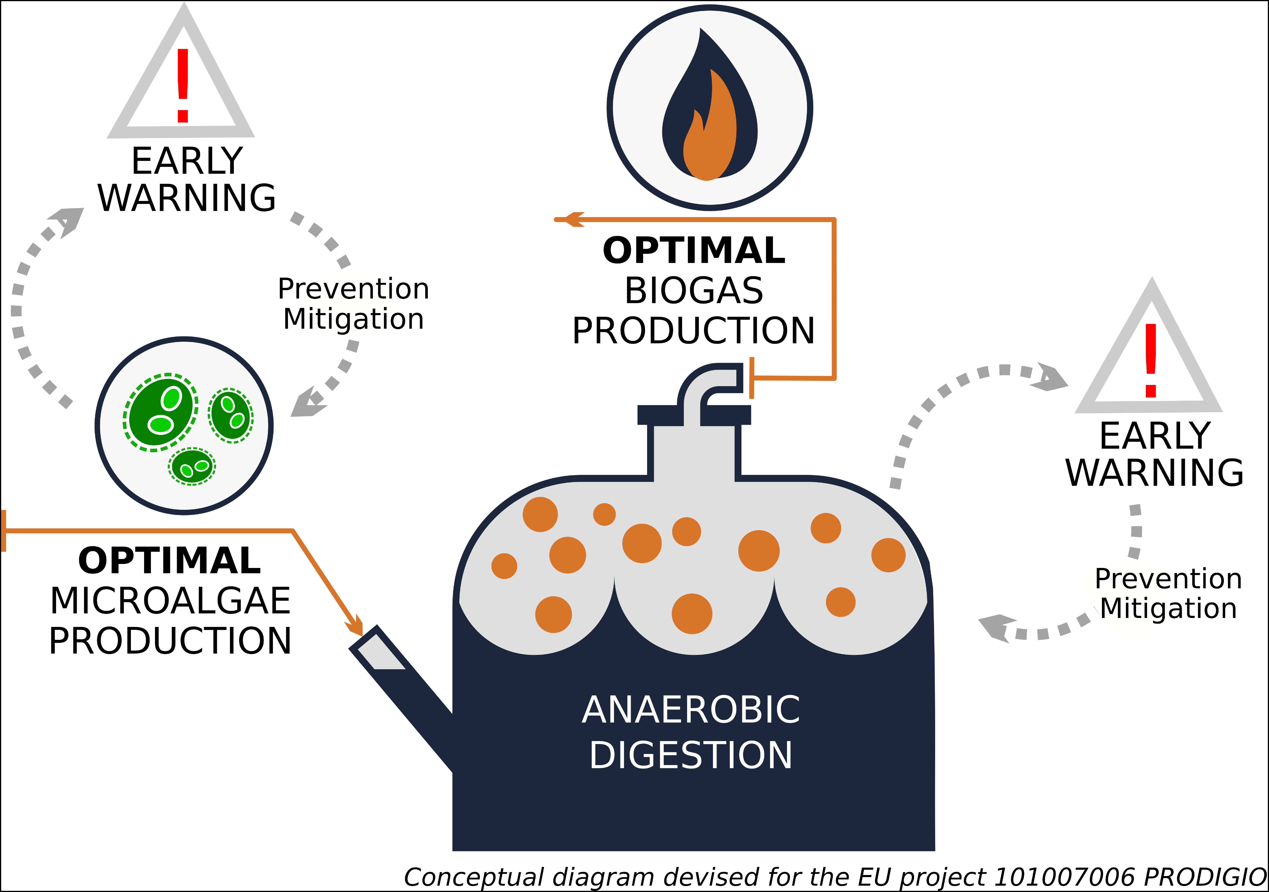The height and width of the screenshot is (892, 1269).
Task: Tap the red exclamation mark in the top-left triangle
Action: point(183,86)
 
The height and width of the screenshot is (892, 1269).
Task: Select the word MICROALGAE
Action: point(170,601)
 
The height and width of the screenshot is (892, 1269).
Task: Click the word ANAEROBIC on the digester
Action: point(691,710)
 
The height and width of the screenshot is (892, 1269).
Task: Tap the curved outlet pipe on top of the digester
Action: point(710,384)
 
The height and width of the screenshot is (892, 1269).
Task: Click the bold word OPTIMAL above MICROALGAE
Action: point(170,561)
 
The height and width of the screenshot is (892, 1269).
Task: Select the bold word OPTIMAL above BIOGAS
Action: point(694,250)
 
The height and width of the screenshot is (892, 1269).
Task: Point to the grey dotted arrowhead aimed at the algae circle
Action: point(307,403)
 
